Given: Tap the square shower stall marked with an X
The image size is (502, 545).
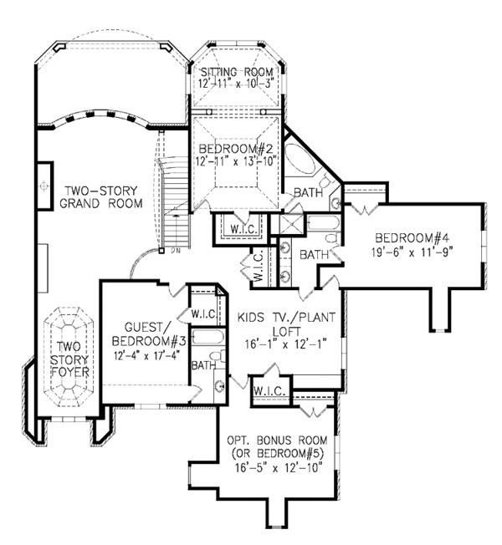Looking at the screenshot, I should coord(291,224).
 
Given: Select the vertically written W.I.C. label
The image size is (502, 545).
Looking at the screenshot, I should coord(258,267).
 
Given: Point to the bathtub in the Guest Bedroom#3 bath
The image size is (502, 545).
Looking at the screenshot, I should coord(205,338).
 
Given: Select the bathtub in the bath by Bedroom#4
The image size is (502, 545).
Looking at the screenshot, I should coord(323,223).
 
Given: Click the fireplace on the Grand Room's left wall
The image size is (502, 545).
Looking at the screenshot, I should coord(42,182).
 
